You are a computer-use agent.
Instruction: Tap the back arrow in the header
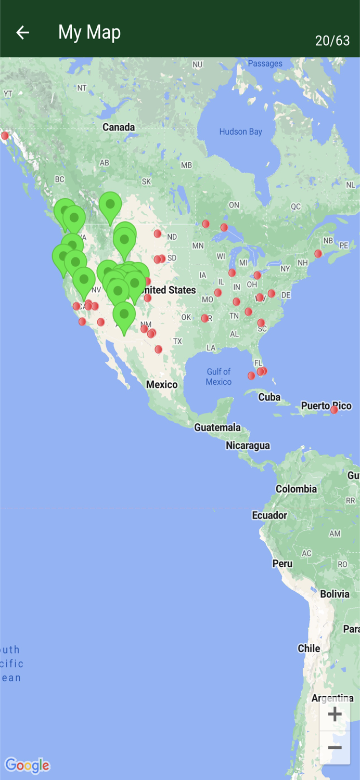click(x=22, y=32)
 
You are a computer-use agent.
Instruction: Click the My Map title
click(x=89, y=32)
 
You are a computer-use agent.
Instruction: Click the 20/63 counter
click(x=332, y=41)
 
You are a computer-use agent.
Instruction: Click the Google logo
click(x=27, y=765)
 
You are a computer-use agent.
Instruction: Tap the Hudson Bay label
click(x=240, y=132)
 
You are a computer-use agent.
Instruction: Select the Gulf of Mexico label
click(x=218, y=376)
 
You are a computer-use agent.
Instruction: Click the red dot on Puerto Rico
click(x=334, y=410)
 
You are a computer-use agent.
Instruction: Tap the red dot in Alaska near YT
click(x=5, y=136)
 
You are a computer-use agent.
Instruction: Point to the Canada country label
click(x=119, y=127)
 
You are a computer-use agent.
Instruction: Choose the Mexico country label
click(x=162, y=384)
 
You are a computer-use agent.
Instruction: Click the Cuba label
click(x=269, y=397)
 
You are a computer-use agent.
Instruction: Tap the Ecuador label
click(x=269, y=515)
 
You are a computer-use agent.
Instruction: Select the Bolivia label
click(x=335, y=594)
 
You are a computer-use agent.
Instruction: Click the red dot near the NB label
click(x=318, y=254)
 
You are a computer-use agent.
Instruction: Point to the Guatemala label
click(x=217, y=427)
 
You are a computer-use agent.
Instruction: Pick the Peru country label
click(x=282, y=563)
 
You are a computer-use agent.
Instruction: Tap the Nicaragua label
click(x=248, y=446)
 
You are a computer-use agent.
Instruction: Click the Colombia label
click(x=296, y=489)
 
